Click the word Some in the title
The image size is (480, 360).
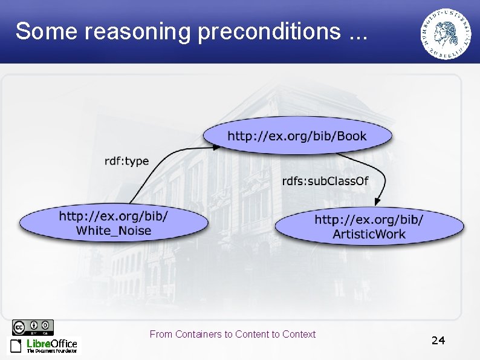click(x=46, y=31)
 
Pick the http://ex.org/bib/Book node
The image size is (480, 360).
click(x=296, y=136)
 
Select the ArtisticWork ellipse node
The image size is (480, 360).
click(x=369, y=226)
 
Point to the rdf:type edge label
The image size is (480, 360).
click(x=126, y=161)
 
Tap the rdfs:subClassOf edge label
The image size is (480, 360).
click(x=325, y=181)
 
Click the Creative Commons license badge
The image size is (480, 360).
click(x=33, y=327)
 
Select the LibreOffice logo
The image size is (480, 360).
click(x=44, y=345)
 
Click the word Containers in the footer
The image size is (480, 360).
click(x=198, y=334)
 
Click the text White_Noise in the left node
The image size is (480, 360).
click(x=114, y=231)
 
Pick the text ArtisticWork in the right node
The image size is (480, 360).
click(x=369, y=234)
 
